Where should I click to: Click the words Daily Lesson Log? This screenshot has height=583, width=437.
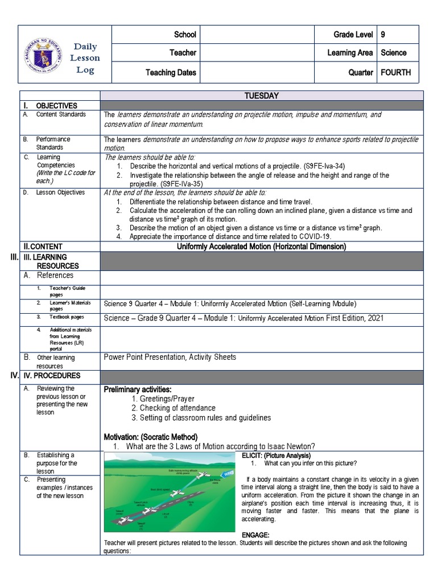pos(85,59)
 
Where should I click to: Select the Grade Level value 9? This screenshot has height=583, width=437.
pos(384,35)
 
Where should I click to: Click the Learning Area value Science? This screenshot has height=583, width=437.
pos(393,52)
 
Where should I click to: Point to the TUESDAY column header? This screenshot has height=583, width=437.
pos(261,96)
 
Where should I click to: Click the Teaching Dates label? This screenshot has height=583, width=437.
pos(171,72)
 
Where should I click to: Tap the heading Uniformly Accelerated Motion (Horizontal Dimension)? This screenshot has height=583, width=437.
pos(261,247)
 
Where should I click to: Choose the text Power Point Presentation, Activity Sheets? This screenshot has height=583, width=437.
pos(170,357)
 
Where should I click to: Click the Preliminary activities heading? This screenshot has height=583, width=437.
pos(137,389)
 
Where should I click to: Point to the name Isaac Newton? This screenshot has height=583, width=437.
pos(290,446)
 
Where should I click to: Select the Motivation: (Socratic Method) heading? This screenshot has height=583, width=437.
pos(150,437)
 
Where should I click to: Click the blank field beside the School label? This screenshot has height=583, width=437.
pos(257,35)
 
